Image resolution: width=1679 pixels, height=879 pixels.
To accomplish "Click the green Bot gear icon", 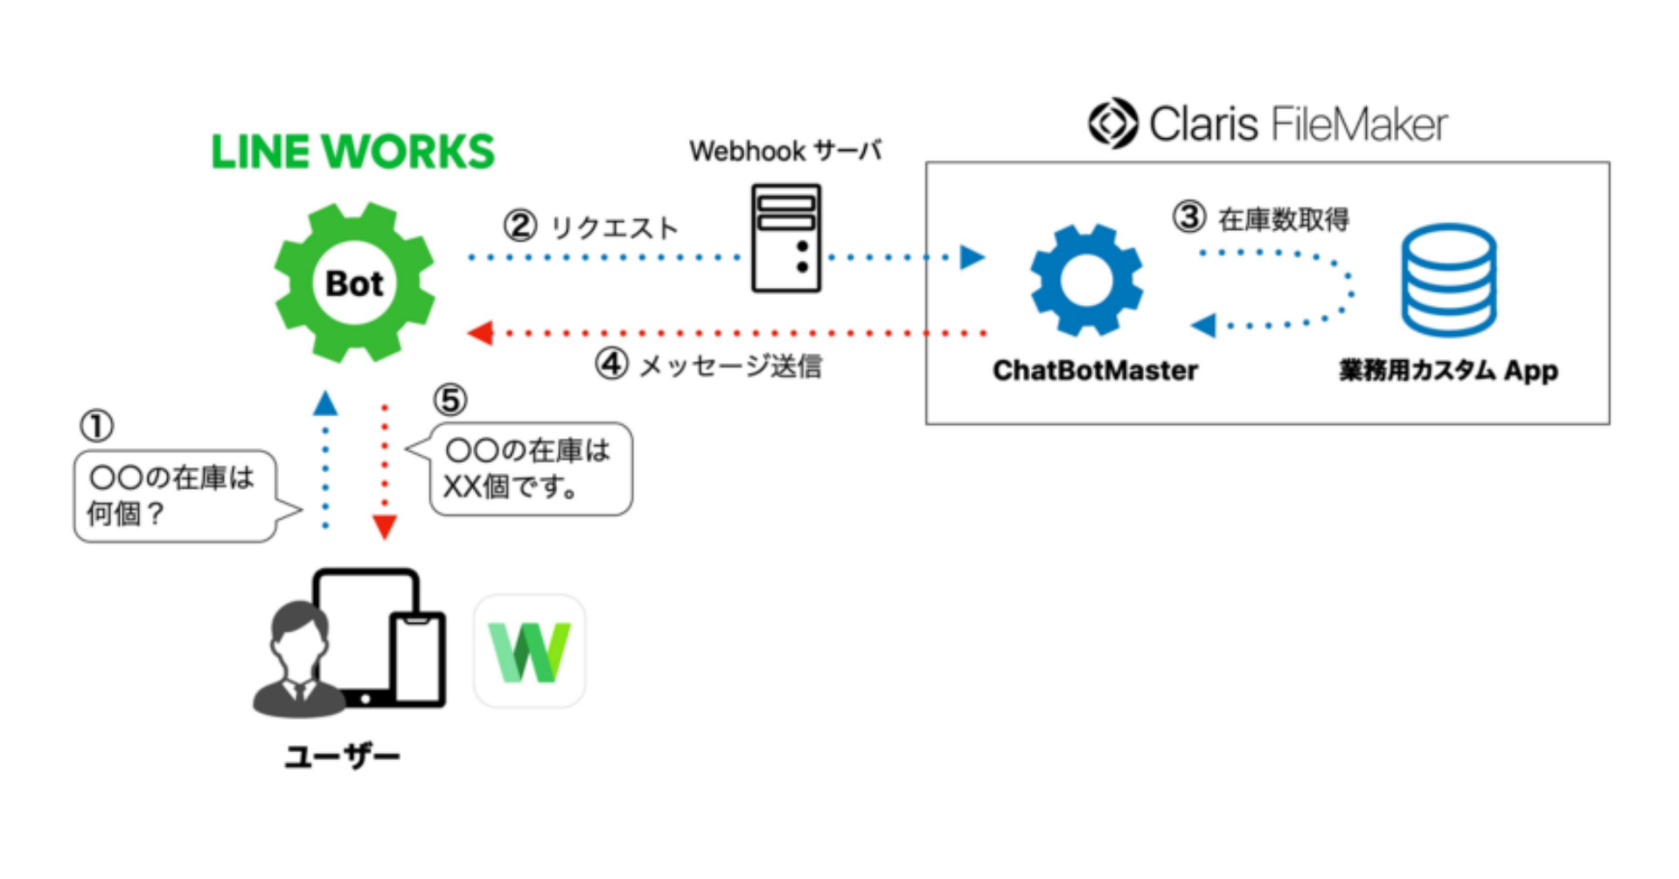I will [354, 283].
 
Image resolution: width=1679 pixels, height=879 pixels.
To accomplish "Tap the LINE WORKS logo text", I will [352, 152].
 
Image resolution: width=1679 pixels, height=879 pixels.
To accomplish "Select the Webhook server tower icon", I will [786, 238].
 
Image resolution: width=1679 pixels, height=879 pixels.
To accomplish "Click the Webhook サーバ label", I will [784, 151].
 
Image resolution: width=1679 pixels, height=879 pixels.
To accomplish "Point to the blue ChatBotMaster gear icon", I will [1086, 280].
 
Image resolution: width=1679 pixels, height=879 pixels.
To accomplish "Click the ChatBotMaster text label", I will [1095, 371].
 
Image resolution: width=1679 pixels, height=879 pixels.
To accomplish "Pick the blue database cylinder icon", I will [1448, 280].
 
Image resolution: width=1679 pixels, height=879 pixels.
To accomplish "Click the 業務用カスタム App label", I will [1448, 371].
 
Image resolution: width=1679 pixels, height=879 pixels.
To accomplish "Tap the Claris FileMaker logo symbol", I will [1112, 123].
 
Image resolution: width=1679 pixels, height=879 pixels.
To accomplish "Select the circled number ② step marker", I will [520, 227].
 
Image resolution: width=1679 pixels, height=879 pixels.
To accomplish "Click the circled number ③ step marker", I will [1189, 217].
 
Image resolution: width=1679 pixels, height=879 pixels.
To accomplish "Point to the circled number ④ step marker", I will [612, 364].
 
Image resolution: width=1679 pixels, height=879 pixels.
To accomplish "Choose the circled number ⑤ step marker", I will [450, 401].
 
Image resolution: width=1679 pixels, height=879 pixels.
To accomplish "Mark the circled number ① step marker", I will [96, 426].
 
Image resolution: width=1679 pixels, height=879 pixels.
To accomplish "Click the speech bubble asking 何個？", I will [175, 496].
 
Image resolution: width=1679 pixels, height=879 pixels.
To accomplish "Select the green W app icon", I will [529, 652].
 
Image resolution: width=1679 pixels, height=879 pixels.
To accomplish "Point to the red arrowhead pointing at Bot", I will [480, 333].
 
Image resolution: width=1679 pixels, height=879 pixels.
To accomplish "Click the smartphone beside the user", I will [418, 658].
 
